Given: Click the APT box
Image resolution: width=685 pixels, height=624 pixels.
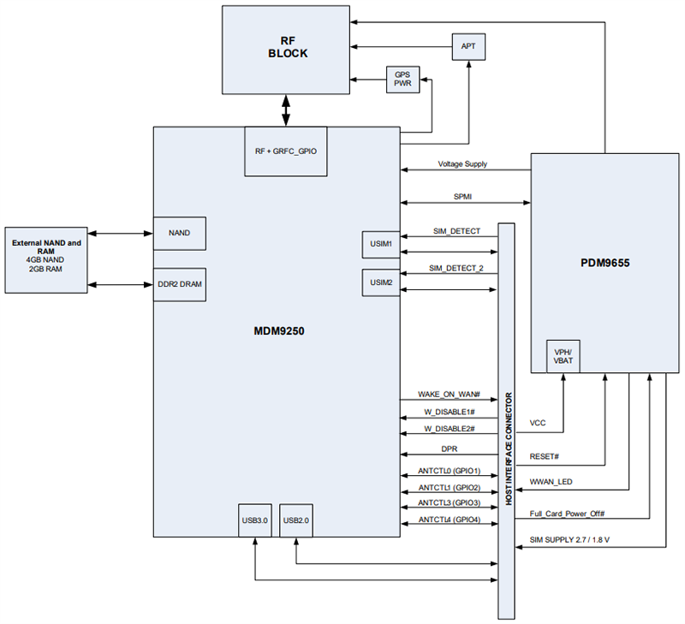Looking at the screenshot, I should pyautogui.click(x=468, y=46).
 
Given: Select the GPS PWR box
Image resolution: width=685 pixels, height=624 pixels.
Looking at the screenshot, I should pyautogui.click(x=402, y=80).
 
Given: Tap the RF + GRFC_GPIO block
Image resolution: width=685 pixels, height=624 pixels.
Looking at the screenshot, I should pyautogui.click(x=286, y=152).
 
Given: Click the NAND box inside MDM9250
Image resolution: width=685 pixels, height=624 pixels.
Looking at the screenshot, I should pyautogui.click(x=179, y=233).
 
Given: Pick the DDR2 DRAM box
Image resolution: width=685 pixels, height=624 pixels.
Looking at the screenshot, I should pyautogui.click(x=179, y=284).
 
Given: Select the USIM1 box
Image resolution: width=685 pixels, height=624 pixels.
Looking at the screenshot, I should pyautogui.click(x=380, y=244).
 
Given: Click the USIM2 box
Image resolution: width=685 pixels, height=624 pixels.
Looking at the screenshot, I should pyautogui.click(x=380, y=282).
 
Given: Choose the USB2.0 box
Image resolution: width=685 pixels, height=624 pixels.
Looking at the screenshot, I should pyautogui.click(x=296, y=520).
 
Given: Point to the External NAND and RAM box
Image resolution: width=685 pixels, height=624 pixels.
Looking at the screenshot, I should pyautogui.click(x=46, y=260).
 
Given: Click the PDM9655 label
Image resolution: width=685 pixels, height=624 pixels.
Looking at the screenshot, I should pyautogui.click(x=605, y=264).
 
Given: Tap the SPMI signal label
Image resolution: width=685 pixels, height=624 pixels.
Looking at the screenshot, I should pyautogui.click(x=463, y=197).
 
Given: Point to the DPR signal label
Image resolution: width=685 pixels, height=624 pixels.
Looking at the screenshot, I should pyautogui.click(x=449, y=449).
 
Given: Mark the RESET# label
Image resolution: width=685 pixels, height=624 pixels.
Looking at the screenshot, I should pyautogui.click(x=545, y=457).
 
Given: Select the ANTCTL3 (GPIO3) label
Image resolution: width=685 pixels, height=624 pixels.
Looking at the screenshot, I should pyautogui.click(x=449, y=502).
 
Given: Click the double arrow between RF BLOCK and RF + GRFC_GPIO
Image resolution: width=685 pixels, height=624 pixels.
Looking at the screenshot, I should pyautogui.click(x=287, y=109).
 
